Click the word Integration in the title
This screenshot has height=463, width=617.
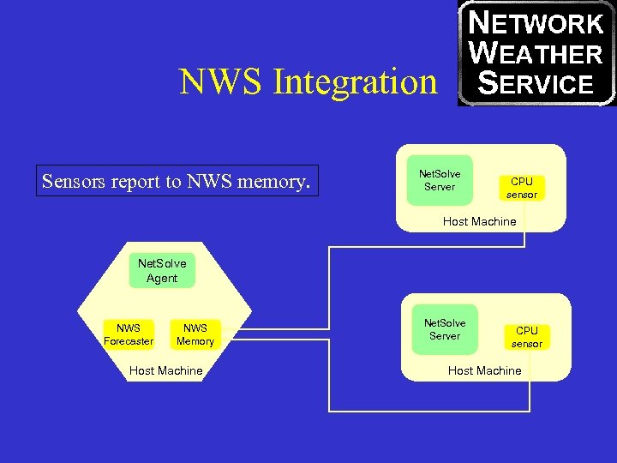pyautogui.click(x=355, y=82)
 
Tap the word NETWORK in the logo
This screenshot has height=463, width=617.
pyautogui.click(x=536, y=22)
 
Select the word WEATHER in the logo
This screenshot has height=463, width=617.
pyautogui.click(x=536, y=53)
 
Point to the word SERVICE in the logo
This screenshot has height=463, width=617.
pyautogui.click(x=536, y=83)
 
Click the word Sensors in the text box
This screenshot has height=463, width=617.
pyautogui.click(x=74, y=181)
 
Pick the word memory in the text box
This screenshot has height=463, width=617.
pyautogui.click(x=274, y=181)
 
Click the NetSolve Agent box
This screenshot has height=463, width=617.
pyautogui.click(x=162, y=271)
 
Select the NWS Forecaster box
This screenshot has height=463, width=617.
pyautogui.click(x=128, y=334)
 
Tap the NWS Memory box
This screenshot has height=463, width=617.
pyautogui.click(x=195, y=334)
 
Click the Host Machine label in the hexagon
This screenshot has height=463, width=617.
pyautogui.click(x=165, y=370)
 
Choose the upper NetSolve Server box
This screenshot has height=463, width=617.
pyautogui.click(x=440, y=180)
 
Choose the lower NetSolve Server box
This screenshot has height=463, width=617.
pyautogui.click(x=445, y=329)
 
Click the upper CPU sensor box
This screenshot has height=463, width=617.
pyautogui.click(x=521, y=188)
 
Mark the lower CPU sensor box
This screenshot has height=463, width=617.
pyautogui.click(x=526, y=337)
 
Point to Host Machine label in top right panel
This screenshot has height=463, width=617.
pyautogui.click(x=479, y=221)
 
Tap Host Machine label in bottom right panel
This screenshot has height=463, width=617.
pyautogui.click(x=484, y=370)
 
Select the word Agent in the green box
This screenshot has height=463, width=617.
pyautogui.click(x=162, y=278)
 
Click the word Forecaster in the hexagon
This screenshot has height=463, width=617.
pyautogui.click(x=128, y=341)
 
